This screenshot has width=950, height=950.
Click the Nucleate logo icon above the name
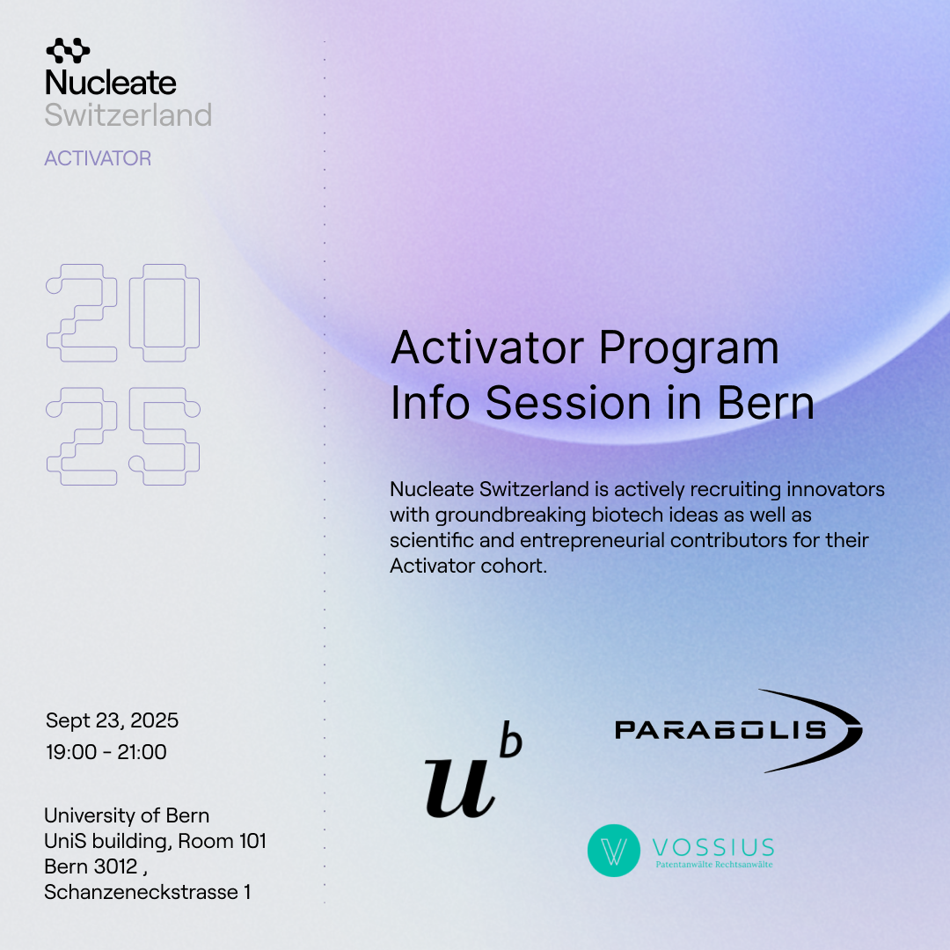pyautogui.click(x=68, y=51)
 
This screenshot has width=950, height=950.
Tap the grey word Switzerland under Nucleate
pyautogui.click(x=128, y=115)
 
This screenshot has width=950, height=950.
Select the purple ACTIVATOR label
pyautogui.click(x=98, y=158)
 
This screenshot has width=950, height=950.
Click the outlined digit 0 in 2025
pyautogui.click(x=164, y=312)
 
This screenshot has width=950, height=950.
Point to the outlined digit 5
pyautogui.click(x=164, y=436)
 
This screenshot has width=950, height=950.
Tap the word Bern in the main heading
pyautogui.click(x=766, y=403)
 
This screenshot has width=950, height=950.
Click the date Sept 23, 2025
pyautogui.click(x=112, y=720)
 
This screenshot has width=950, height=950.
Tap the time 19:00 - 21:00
pyautogui.click(x=106, y=752)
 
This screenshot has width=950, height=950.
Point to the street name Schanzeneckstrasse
pyautogui.click(x=141, y=892)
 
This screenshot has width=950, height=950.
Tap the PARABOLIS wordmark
pyautogui.click(x=720, y=730)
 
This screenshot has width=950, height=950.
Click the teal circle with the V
pyautogui.click(x=614, y=851)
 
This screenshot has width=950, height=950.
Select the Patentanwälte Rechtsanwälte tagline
pyautogui.click(x=713, y=865)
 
